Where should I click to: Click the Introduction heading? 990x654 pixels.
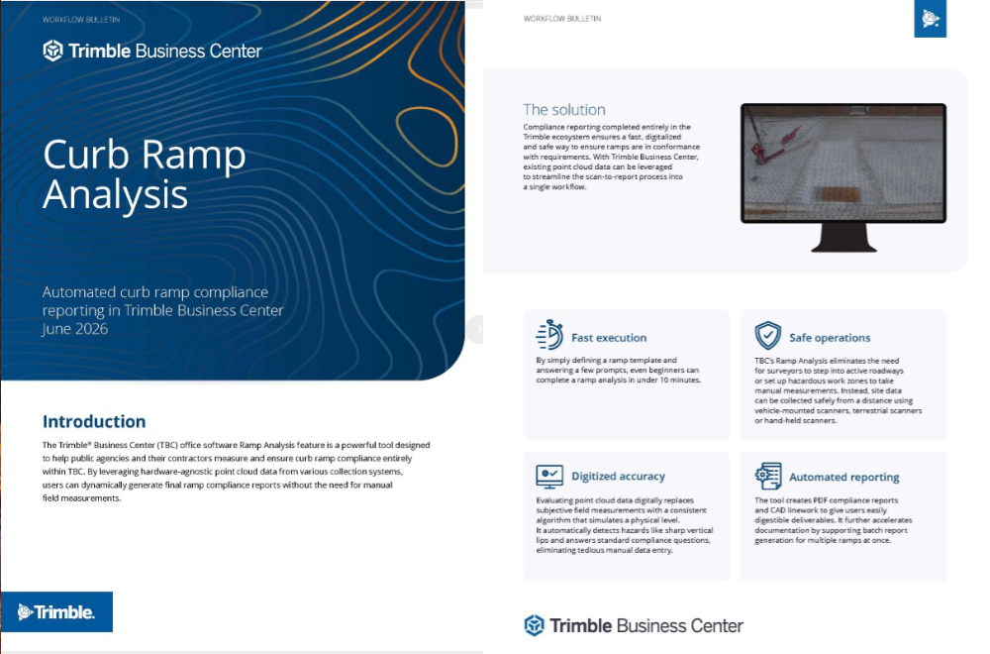[x=94, y=421]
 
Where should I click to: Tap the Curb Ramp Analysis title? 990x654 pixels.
[x=144, y=173]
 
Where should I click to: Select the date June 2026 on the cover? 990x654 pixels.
[x=74, y=329]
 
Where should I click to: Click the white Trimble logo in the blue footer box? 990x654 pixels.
[x=56, y=611]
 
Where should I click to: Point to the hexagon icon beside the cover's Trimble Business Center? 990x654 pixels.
[x=53, y=51]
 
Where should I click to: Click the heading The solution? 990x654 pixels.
[x=564, y=109]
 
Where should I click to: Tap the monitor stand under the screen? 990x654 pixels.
[x=843, y=238]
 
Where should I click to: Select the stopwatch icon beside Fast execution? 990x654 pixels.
[x=549, y=335]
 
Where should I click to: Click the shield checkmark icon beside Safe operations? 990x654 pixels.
[x=768, y=335]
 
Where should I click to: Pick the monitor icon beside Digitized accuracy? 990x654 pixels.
[x=549, y=477]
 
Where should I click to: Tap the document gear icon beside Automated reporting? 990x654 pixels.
[x=768, y=477]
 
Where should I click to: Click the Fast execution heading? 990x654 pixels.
[x=609, y=338]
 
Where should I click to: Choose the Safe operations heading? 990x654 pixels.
[x=830, y=338]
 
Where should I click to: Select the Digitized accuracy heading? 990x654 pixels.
[x=618, y=476]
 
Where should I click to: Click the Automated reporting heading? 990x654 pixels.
[x=844, y=477]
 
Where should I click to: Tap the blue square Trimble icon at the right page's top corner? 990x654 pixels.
[x=930, y=18]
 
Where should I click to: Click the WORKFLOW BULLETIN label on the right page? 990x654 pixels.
[x=562, y=19]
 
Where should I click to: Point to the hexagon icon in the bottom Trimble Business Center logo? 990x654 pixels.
[x=535, y=625]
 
